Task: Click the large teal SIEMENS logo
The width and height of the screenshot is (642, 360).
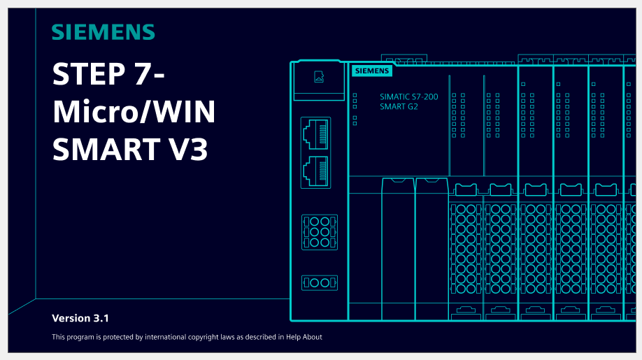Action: tap(104, 32)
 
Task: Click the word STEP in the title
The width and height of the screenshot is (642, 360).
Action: tap(89, 74)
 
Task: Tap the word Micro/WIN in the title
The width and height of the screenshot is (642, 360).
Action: tap(134, 111)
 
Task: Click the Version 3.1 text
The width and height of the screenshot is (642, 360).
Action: tap(80, 318)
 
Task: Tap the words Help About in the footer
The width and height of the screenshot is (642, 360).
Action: tap(304, 337)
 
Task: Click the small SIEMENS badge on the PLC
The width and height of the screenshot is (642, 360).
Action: tap(372, 71)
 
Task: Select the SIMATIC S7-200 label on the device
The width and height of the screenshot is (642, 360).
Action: tap(408, 97)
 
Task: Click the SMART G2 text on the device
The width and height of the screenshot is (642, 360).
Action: tap(399, 107)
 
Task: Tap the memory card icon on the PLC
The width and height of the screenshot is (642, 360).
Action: tap(319, 76)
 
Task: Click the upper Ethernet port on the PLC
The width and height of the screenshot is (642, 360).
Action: tap(315, 134)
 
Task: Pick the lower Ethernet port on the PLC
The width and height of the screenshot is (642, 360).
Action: tap(315, 171)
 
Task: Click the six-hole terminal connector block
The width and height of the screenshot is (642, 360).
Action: tap(320, 232)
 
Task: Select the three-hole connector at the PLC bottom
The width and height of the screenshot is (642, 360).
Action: tap(320, 282)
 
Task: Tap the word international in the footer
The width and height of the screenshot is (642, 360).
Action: tap(165, 337)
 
